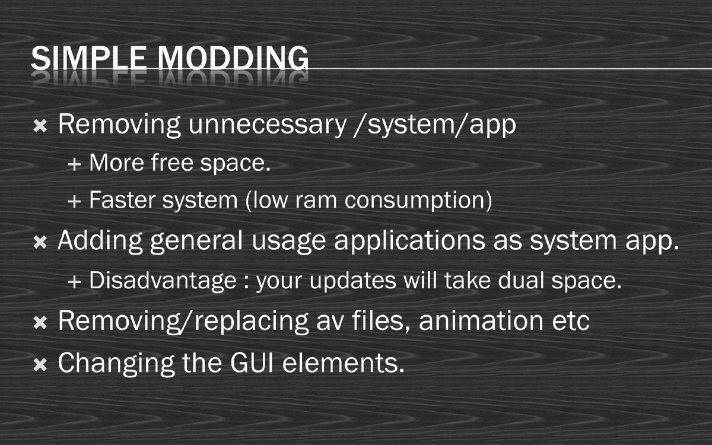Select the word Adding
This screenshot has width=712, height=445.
[100, 241]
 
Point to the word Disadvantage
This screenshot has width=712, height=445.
[163, 281]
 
